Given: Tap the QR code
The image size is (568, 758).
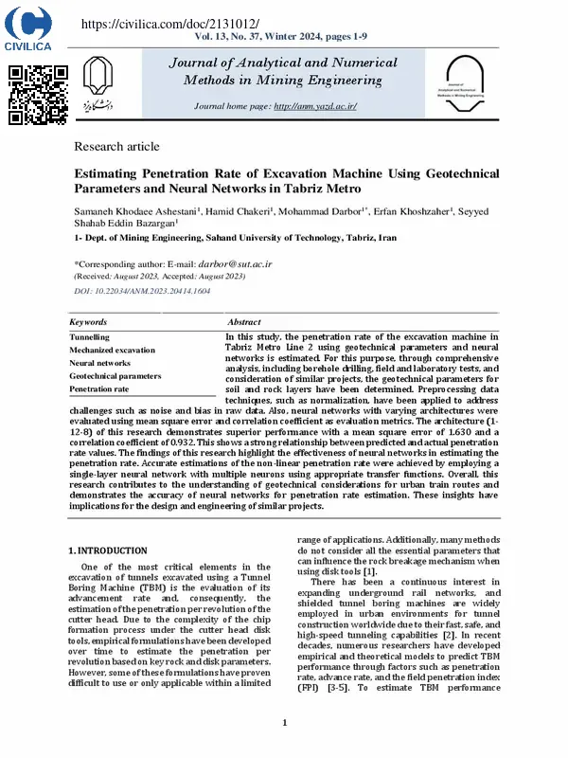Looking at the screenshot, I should coord(38,95).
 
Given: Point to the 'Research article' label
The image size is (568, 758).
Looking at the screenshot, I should coord(116,147).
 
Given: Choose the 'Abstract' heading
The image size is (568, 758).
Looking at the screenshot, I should coord(244,322).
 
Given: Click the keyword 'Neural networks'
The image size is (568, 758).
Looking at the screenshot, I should coord(100,363).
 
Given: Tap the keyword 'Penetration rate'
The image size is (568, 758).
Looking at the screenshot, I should coord(99,388).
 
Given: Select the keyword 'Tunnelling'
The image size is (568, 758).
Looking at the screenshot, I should coord(90,336).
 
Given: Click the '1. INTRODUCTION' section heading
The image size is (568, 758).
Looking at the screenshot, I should coord(108,550).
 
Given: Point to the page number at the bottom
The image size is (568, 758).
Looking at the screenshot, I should coord(284,723).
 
